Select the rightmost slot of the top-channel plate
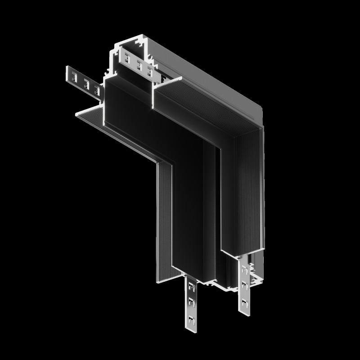pos(149,72)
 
